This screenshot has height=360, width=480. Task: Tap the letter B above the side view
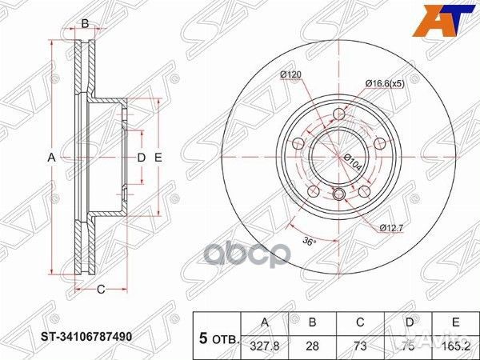[x=85, y=23]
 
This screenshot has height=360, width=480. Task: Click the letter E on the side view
[x=158, y=158]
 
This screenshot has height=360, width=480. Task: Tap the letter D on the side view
[x=141, y=158]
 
